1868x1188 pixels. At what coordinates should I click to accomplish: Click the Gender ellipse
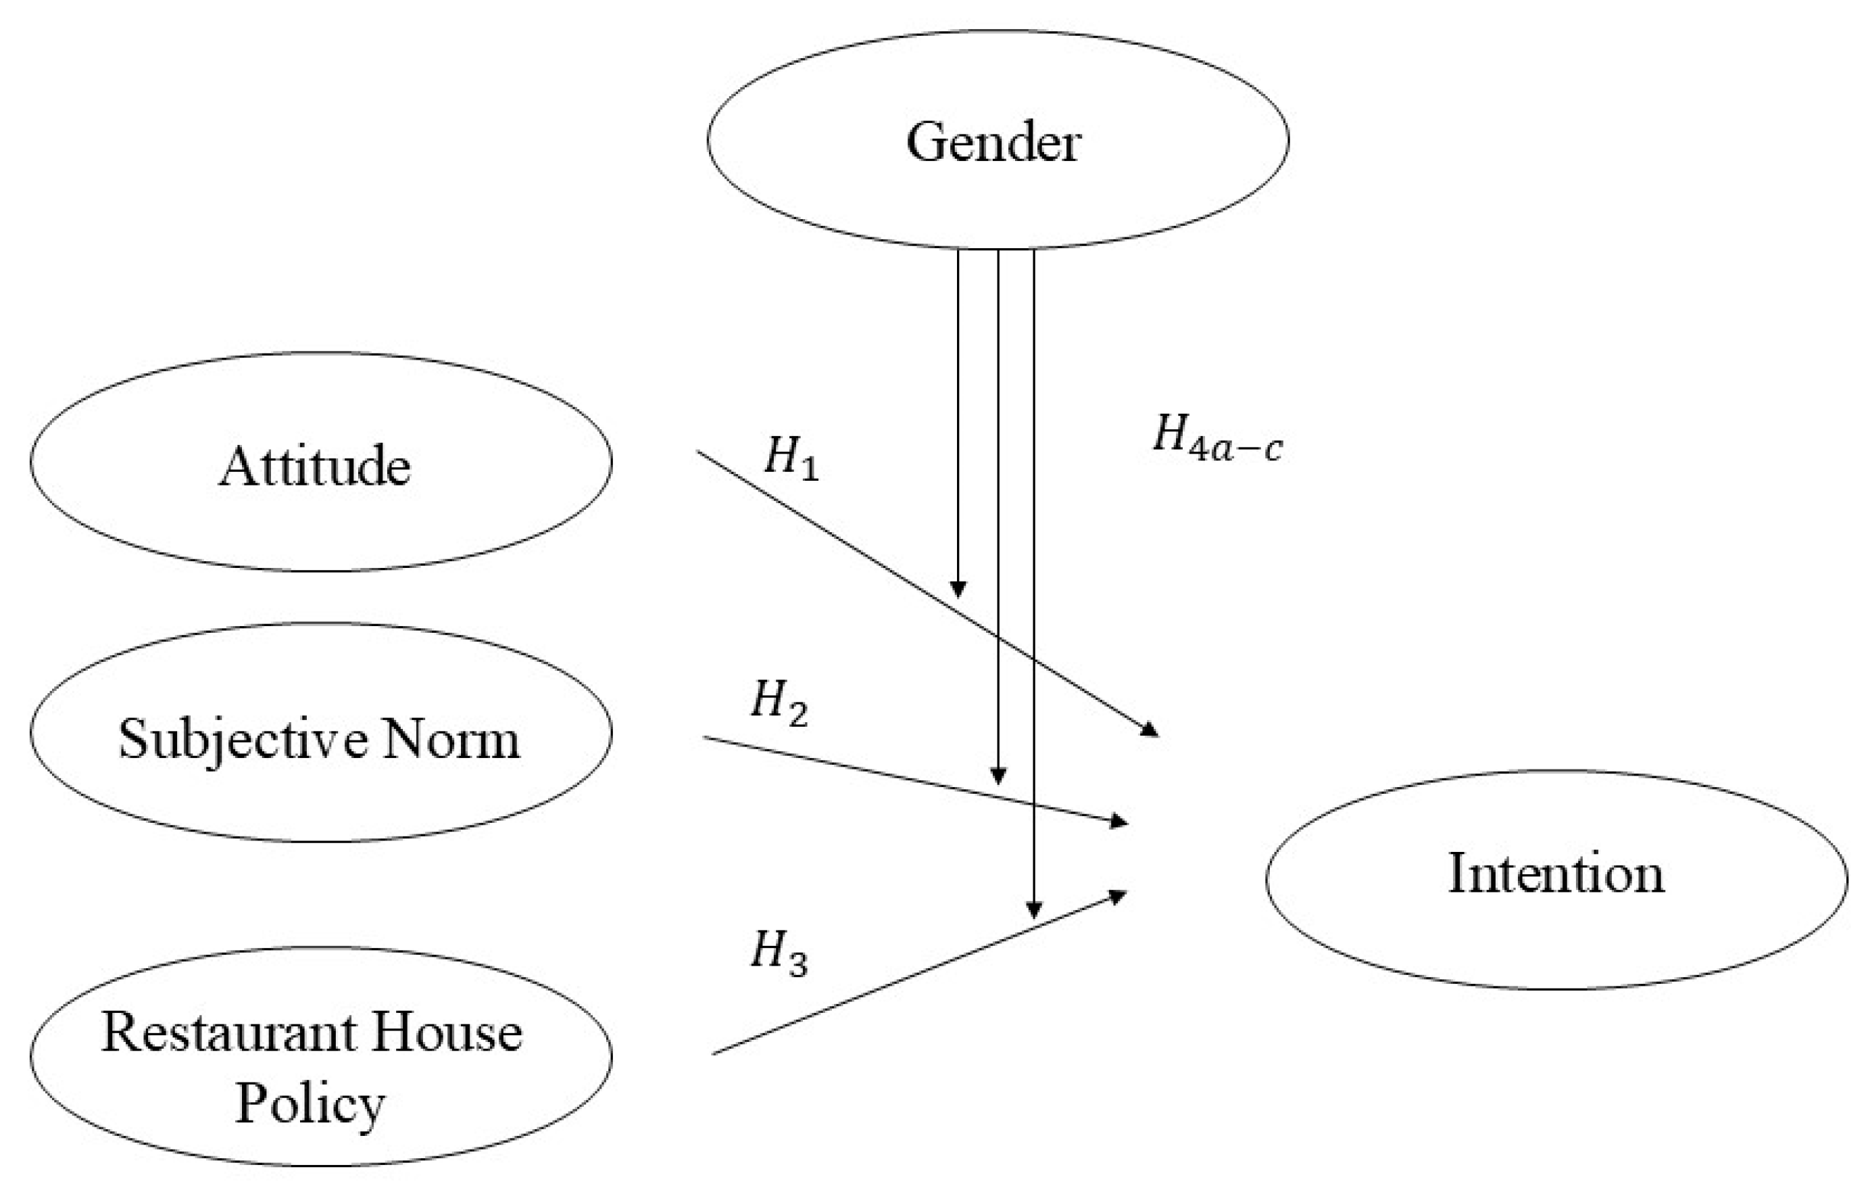pyautogui.click(x=998, y=141)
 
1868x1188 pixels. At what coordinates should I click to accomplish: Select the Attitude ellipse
pyautogui.click(x=320, y=462)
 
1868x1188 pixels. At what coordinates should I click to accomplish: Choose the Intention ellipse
pyautogui.click(x=1556, y=879)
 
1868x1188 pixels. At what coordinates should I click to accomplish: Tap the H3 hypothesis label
pyautogui.click(x=779, y=953)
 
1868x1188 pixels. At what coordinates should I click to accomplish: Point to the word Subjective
pyautogui.click(x=243, y=740)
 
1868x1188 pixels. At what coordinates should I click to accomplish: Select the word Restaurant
pyautogui.click(x=230, y=1034)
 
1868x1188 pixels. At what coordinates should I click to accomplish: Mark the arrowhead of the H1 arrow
pyautogui.click(x=1151, y=730)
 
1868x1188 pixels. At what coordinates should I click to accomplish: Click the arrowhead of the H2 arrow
pyautogui.click(x=1119, y=822)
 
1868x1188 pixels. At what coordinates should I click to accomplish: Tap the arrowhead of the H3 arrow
pyautogui.click(x=1119, y=896)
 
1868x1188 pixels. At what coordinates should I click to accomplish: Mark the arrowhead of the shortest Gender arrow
pyautogui.click(x=958, y=590)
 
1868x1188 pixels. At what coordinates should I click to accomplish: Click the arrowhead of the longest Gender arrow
pyautogui.click(x=1033, y=910)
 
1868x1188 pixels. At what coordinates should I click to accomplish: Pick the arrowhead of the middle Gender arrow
pyautogui.click(x=998, y=777)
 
